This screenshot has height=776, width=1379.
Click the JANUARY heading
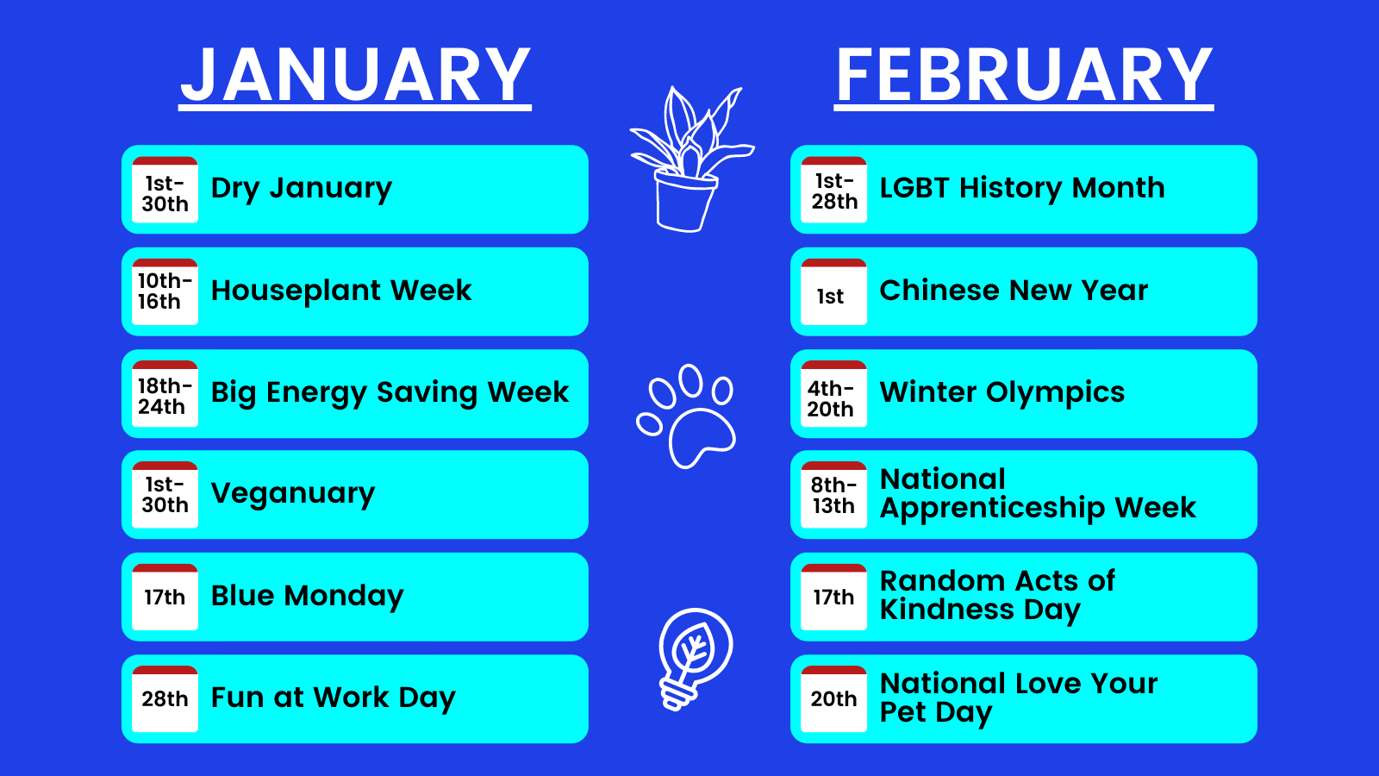[x=355, y=77]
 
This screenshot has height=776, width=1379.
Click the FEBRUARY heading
[x=1024, y=77]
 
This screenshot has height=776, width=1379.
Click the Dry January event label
[x=301, y=188]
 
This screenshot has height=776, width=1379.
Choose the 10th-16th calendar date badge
[x=165, y=292]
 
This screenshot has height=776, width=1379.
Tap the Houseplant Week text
[x=341, y=290]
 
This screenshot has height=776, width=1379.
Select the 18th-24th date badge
[x=165, y=394]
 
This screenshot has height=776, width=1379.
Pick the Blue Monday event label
[x=307, y=596]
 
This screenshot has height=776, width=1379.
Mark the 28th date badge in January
[x=165, y=699]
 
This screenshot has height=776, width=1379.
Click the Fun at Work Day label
[x=333, y=698]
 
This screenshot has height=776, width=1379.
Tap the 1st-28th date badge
[x=833, y=190]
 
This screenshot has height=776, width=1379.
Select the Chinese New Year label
[x=1014, y=290]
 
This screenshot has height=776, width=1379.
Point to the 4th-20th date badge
[x=833, y=394]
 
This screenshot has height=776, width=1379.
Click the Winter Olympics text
[x=1002, y=393]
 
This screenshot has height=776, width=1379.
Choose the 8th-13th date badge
[x=833, y=495]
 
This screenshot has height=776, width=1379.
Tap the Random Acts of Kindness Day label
[x=997, y=595]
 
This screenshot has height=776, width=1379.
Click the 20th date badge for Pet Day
[x=833, y=699]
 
